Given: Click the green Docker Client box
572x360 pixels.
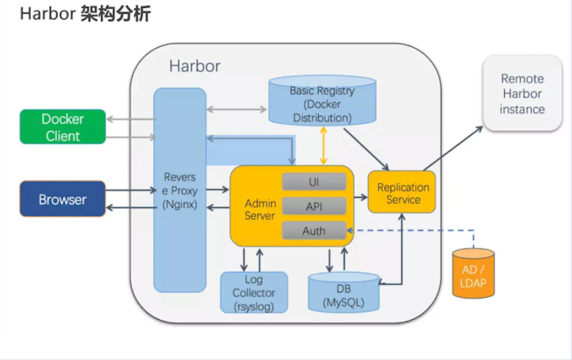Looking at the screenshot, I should pos(63,127).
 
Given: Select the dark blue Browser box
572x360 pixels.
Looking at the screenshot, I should pos(63,200).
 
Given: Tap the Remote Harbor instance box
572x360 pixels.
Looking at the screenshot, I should pos(522,94).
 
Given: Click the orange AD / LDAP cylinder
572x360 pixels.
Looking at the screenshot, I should pos(473,274).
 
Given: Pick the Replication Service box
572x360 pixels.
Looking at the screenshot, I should pos(402,193).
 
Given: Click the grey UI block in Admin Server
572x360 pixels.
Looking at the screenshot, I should pos(314,182).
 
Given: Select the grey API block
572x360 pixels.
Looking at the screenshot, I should pos(314,206).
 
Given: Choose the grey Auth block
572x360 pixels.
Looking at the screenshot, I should pos(314,231).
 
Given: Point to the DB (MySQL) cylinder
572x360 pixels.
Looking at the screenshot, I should pos(344,293).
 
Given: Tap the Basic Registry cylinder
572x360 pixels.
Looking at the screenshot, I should pos(322,104).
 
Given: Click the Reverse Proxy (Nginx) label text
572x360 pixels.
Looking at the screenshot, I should pos(180,190).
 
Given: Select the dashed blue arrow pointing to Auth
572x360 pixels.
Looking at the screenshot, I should pos(414,231).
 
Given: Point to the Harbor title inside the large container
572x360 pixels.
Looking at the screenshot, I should pos(195,66).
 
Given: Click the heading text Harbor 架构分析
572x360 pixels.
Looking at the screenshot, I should pos(85,14).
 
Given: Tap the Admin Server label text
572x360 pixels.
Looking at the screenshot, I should pos(260,210).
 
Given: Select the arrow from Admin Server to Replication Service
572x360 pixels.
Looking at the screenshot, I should pos(360,197).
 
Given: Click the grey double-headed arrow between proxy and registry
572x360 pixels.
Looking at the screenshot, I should pos(237,109).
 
